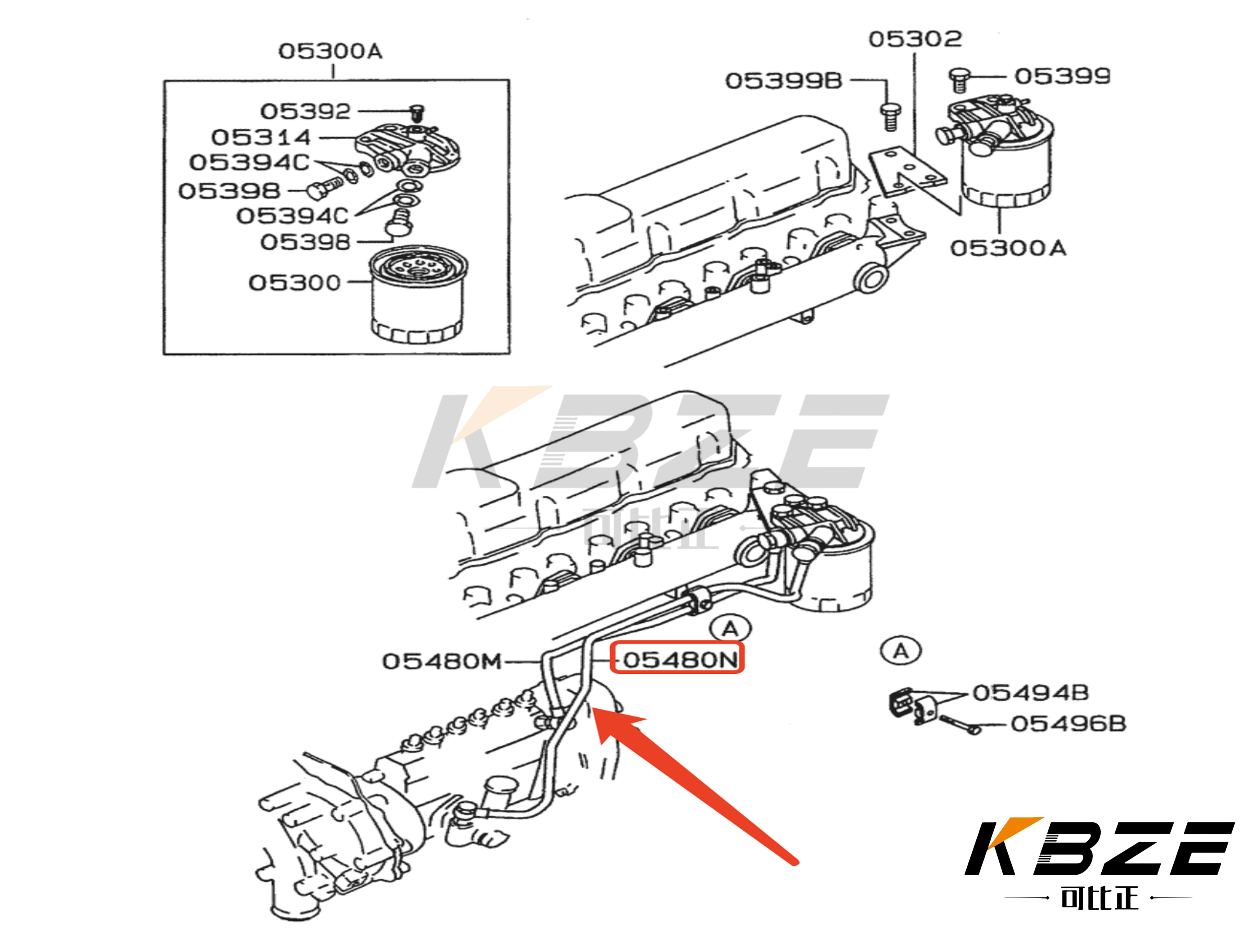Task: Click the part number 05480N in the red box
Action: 678,659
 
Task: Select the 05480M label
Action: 441,661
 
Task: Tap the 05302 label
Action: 915,39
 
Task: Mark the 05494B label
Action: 1030,693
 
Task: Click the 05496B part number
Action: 1068,723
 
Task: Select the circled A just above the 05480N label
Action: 730,628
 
